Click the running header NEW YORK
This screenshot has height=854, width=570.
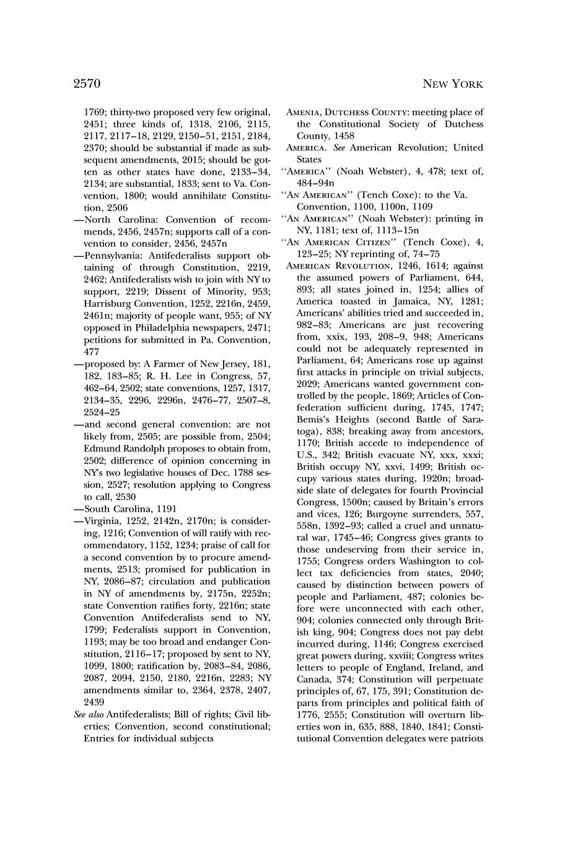(452, 84)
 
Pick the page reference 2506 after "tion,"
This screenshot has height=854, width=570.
(125, 207)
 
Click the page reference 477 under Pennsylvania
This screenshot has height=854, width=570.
(92, 352)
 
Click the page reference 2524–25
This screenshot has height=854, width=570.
(102, 412)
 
